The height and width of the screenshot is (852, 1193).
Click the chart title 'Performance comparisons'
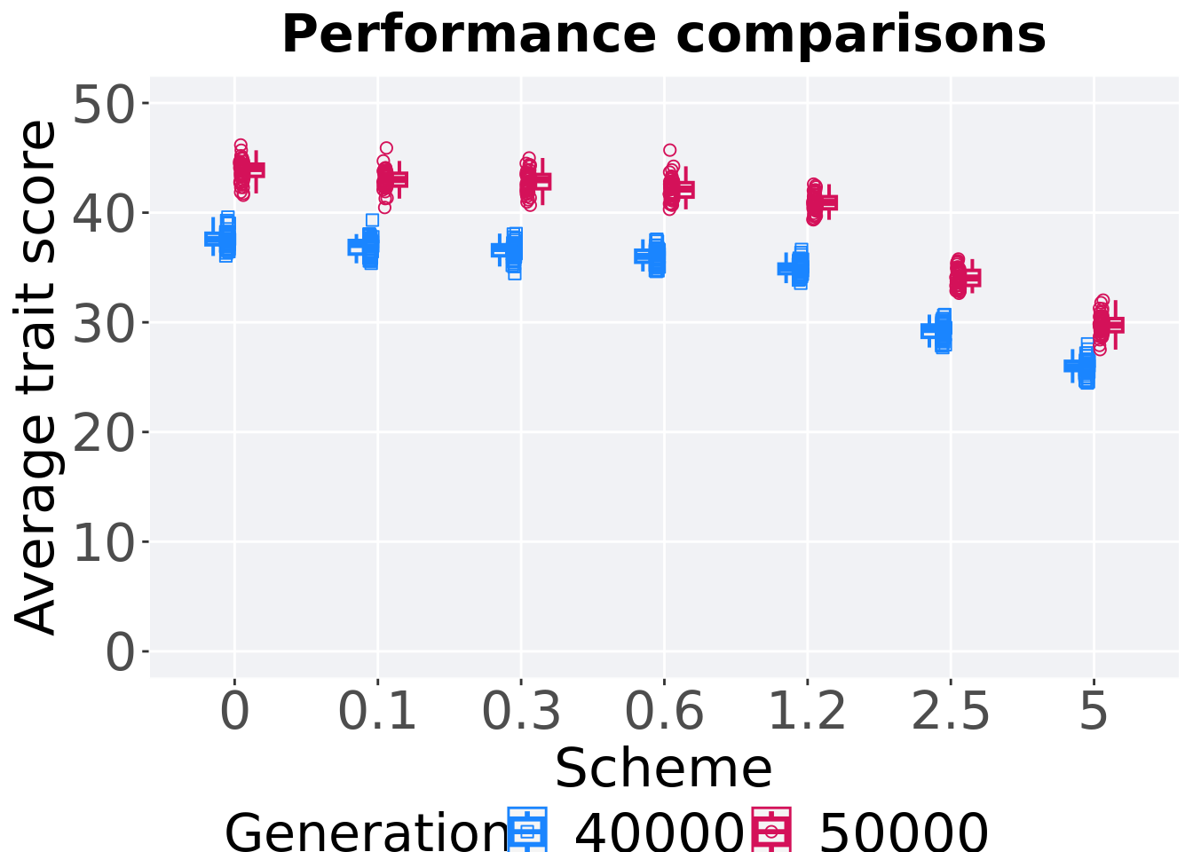[663, 35]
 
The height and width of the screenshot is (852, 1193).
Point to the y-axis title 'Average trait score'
[37, 377]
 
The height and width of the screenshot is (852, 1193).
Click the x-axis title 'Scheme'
[663, 768]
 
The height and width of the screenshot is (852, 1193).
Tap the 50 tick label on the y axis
[103, 105]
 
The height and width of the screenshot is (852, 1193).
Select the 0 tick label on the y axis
[121, 653]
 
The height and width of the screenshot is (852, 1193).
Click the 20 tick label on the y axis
[103, 434]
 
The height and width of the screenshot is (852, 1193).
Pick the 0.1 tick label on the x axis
[377, 712]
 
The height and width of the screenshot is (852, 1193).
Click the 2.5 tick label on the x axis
[950, 712]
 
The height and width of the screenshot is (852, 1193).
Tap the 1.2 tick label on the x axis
[807, 712]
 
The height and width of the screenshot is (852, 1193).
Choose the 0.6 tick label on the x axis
[664, 712]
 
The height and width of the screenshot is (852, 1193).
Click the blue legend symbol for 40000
[527, 831]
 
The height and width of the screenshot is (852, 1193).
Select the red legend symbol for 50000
[771, 831]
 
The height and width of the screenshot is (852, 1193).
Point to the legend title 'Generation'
[364, 832]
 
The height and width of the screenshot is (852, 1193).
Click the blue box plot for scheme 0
[213, 238]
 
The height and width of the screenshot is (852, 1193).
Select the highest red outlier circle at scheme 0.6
[670, 150]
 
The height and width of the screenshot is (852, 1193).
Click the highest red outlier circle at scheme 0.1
[386, 148]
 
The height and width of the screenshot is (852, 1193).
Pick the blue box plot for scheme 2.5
[929, 331]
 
